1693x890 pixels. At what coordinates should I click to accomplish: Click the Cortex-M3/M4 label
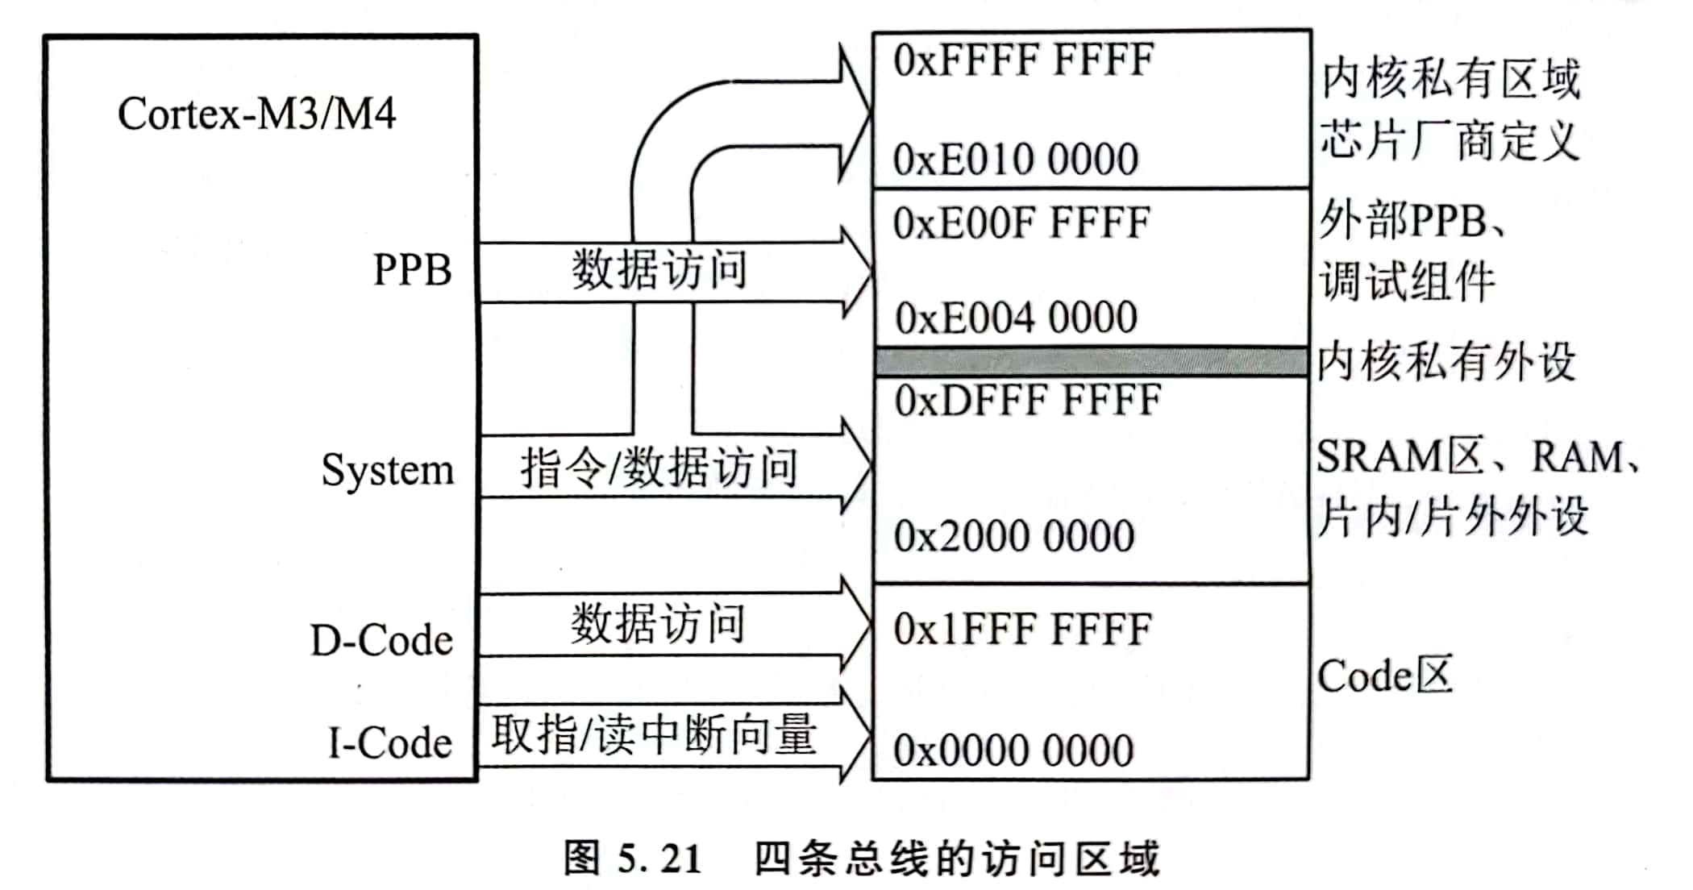256,114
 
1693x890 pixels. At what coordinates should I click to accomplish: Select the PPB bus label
412,269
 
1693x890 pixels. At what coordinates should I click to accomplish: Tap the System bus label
388,470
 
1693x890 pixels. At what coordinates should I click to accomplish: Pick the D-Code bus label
381,641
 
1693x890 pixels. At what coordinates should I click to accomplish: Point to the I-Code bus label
389,742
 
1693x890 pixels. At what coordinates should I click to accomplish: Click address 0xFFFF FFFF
1023,60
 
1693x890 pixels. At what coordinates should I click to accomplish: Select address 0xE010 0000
1015,159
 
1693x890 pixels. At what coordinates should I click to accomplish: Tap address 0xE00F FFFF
1021,223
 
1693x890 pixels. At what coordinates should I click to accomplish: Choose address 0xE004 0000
1016,318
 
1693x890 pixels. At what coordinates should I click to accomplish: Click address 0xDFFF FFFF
1027,401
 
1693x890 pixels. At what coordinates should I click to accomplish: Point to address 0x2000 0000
1013,536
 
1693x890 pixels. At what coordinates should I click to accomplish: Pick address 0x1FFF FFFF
1021,630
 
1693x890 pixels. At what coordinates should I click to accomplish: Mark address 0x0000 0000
1013,751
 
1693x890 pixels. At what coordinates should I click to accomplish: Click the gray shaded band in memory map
1091,362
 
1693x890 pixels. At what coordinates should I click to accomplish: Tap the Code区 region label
1384,676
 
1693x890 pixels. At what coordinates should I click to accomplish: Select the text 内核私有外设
1445,362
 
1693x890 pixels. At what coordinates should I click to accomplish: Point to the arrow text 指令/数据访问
659,468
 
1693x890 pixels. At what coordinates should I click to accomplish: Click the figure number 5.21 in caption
659,859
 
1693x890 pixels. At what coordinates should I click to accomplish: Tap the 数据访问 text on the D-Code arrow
658,624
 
